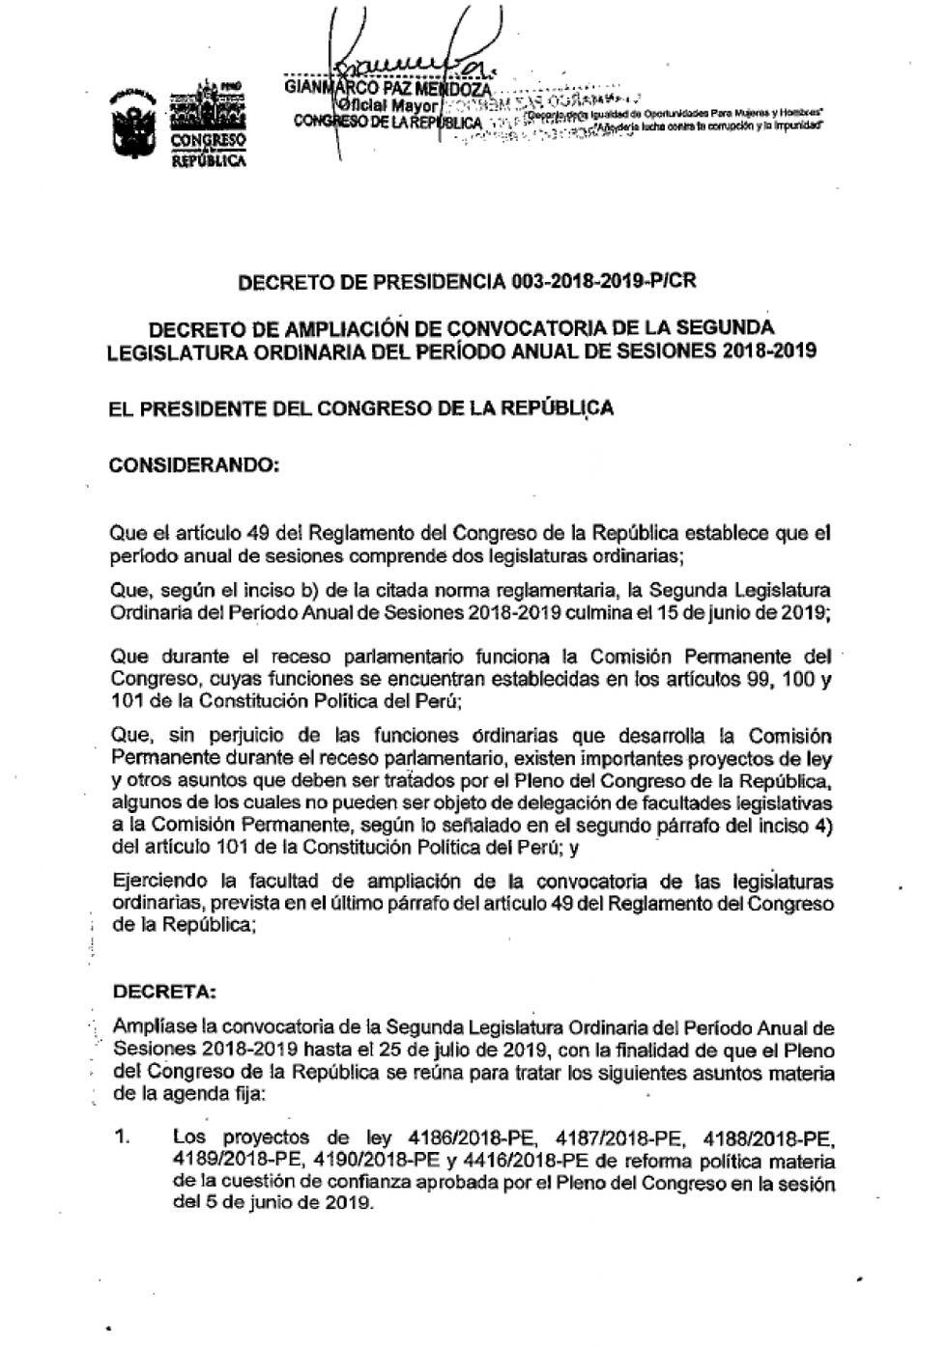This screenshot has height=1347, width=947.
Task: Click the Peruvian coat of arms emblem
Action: pos(134,124)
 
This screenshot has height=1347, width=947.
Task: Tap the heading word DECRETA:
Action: pos(165,992)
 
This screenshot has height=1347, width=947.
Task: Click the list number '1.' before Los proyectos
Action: pos(122,1137)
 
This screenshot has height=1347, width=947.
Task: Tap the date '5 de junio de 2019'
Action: pos(287,1203)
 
